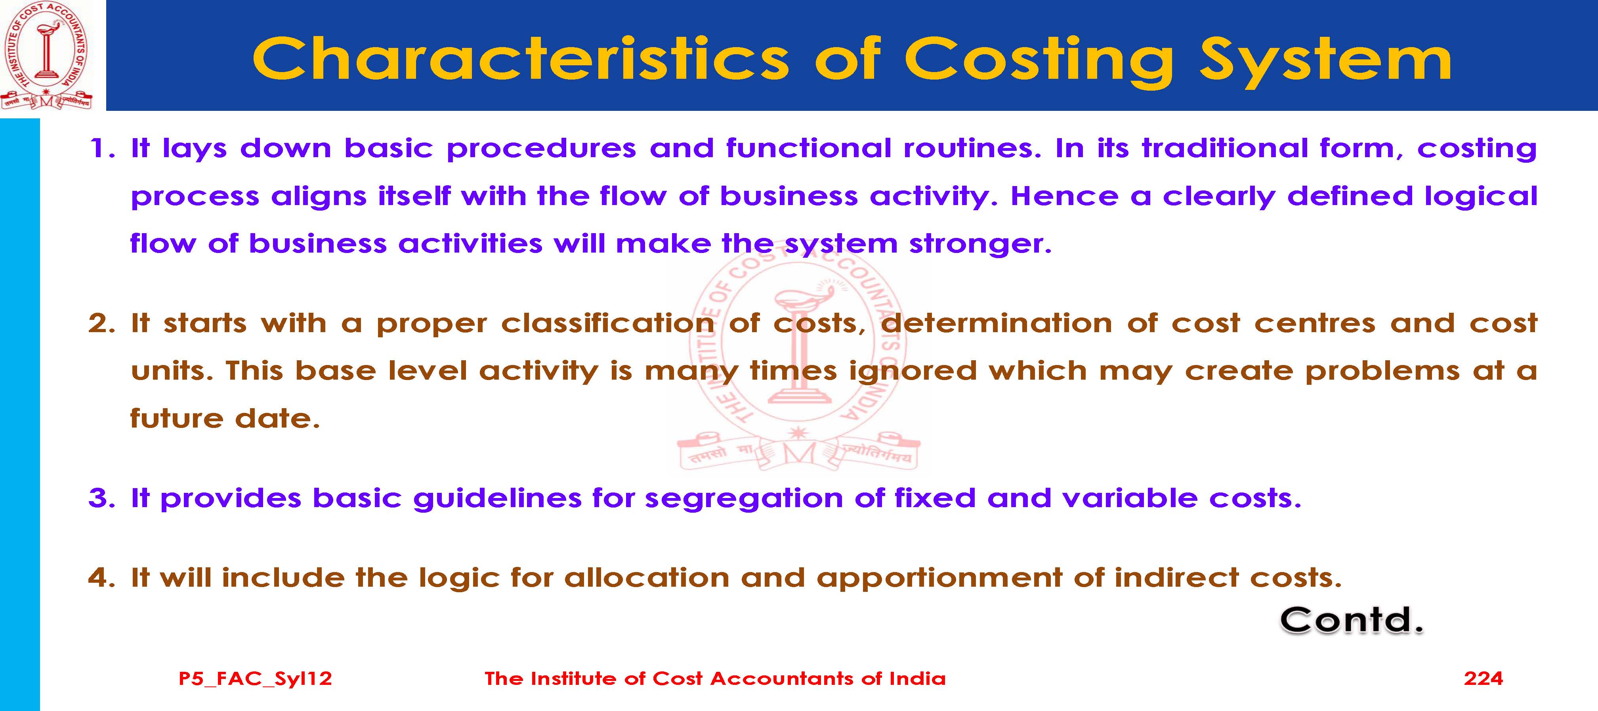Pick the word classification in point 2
click(608, 323)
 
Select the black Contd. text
click(1352, 620)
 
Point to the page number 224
click(1483, 678)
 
